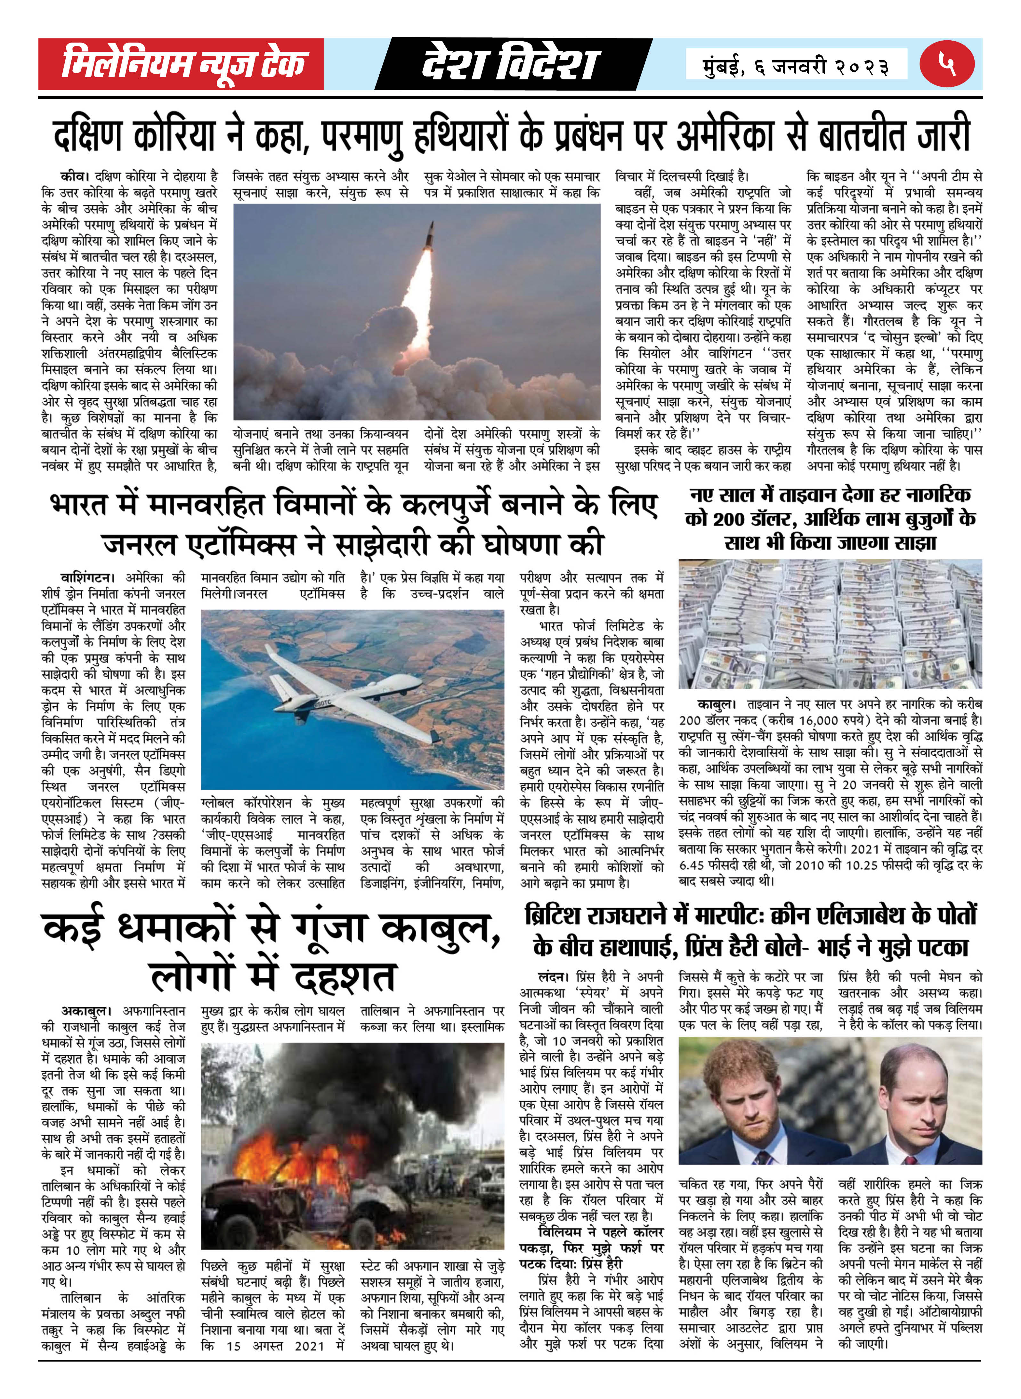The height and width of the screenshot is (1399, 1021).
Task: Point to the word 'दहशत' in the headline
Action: [x=343, y=978]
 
